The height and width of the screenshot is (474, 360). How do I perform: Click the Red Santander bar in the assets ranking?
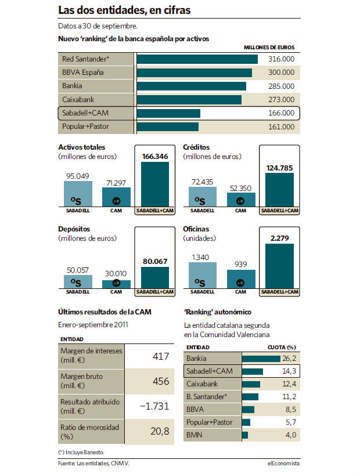(197, 59)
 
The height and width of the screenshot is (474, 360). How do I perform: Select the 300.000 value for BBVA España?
(281, 73)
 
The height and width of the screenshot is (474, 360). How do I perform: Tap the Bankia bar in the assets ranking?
(192, 86)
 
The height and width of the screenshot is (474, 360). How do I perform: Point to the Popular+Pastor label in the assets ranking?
(85, 126)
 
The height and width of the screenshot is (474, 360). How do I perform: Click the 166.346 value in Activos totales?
(155, 156)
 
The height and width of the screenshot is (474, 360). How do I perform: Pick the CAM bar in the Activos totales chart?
(117, 197)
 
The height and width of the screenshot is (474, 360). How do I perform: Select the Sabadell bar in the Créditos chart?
(203, 197)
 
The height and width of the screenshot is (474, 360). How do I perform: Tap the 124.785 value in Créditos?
(279, 168)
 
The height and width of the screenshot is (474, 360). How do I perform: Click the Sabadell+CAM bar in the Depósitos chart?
(155, 277)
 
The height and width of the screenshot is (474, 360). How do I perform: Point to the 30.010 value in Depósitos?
(116, 274)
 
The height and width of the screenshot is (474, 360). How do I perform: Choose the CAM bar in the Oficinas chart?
(241, 279)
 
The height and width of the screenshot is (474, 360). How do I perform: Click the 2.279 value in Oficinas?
(279, 238)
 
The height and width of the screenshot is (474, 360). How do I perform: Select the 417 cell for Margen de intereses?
(161, 356)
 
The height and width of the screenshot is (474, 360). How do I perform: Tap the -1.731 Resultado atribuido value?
(154, 406)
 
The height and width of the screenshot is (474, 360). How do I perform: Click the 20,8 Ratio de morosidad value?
(160, 431)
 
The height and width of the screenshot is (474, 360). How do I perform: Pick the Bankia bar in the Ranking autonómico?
(261, 359)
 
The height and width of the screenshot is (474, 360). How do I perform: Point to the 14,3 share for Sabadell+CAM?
(289, 371)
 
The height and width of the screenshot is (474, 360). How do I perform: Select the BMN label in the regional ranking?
(194, 435)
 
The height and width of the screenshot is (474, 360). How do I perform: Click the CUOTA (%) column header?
(282, 348)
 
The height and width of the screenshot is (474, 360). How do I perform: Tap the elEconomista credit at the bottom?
(283, 463)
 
